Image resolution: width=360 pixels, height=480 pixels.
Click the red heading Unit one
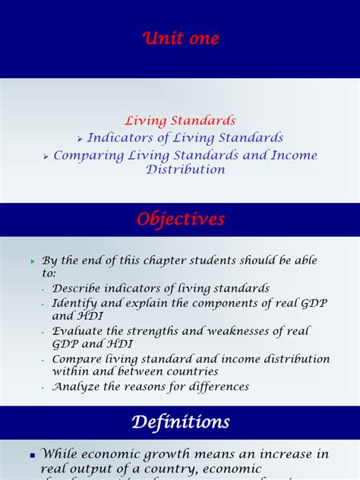pyautogui.click(x=180, y=39)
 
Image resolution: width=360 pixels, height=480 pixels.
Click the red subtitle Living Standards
pyautogui.click(x=180, y=121)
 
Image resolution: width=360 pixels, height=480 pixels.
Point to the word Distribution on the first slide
pyautogui.click(x=186, y=169)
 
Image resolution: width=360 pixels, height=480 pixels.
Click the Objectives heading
pyautogui.click(x=180, y=219)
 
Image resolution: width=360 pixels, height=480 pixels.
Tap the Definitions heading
pyautogui.click(x=180, y=422)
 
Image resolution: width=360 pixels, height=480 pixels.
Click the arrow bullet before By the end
pyautogui.click(x=33, y=261)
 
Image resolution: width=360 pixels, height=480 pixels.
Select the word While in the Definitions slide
pyautogui.click(x=61, y=454)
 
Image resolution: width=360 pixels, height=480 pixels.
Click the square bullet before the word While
pyautogui.click(x=33, y=456)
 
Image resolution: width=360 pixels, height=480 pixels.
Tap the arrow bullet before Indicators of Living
pyautogui.click(x=80, y=139)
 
